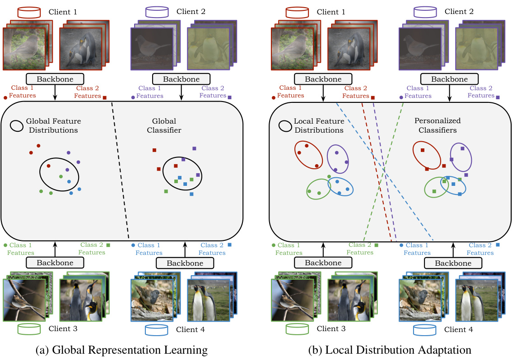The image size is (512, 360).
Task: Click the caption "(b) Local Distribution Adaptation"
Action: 390,350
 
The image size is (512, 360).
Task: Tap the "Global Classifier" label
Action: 164,126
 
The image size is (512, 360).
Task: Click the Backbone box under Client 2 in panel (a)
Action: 181,79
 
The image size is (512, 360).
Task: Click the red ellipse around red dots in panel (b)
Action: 309,155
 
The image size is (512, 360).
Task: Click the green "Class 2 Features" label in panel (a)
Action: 92,249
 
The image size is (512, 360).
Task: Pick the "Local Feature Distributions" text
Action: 319,126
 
